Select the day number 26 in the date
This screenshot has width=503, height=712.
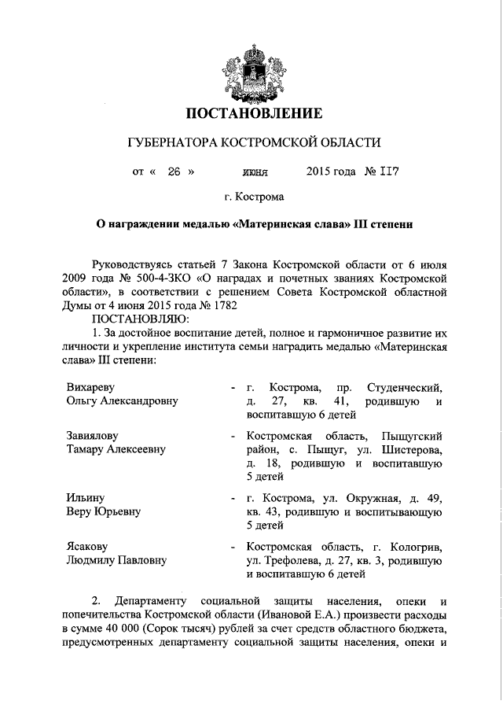tap(174, 171)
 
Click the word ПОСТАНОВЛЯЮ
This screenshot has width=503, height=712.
tap(140, 319)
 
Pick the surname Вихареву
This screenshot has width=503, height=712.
tap(95, 387)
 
